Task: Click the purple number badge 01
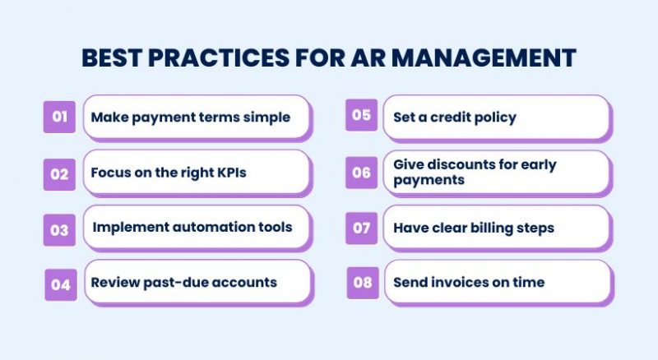[59, 117]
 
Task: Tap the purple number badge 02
[59, 174]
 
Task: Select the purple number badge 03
[59, 230]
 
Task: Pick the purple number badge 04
[61, 285]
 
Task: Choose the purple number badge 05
[362, 115]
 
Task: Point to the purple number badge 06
[362, 173]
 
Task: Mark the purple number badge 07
[362, 228]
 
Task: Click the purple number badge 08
[363, 283]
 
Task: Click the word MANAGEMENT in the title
[484, 58]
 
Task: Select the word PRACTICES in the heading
[219, 58]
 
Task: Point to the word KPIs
[232, 173]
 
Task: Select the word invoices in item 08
[460, 283]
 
